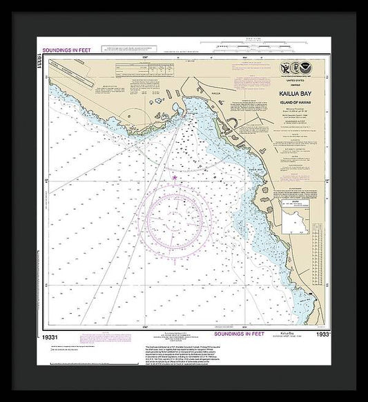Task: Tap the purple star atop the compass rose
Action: click(175, 178)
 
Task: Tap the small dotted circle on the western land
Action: click(130, 118)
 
